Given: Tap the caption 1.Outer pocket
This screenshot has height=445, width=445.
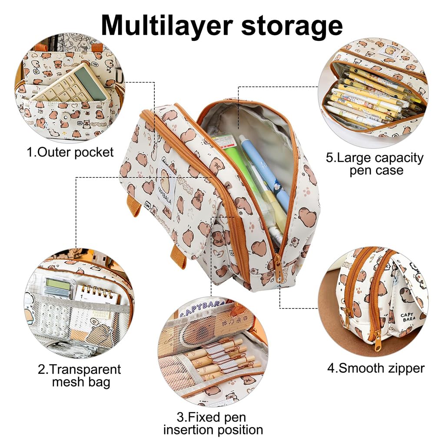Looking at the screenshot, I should pyautogui.click(x=70, y=152).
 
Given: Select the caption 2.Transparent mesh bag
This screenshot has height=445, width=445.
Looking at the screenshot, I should pyautogui.click(x=79, y=375).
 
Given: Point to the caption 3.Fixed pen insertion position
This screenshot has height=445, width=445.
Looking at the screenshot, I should pyautogui.click(x=213, y=424).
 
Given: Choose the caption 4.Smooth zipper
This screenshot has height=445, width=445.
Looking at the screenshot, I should pyautogui.click(x=375, y=369).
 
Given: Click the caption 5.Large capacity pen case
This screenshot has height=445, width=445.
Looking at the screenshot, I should pyautogui.click(x=375, y=163).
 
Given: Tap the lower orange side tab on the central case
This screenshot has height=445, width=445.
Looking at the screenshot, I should pyautogui.click(x=178, y=256).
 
